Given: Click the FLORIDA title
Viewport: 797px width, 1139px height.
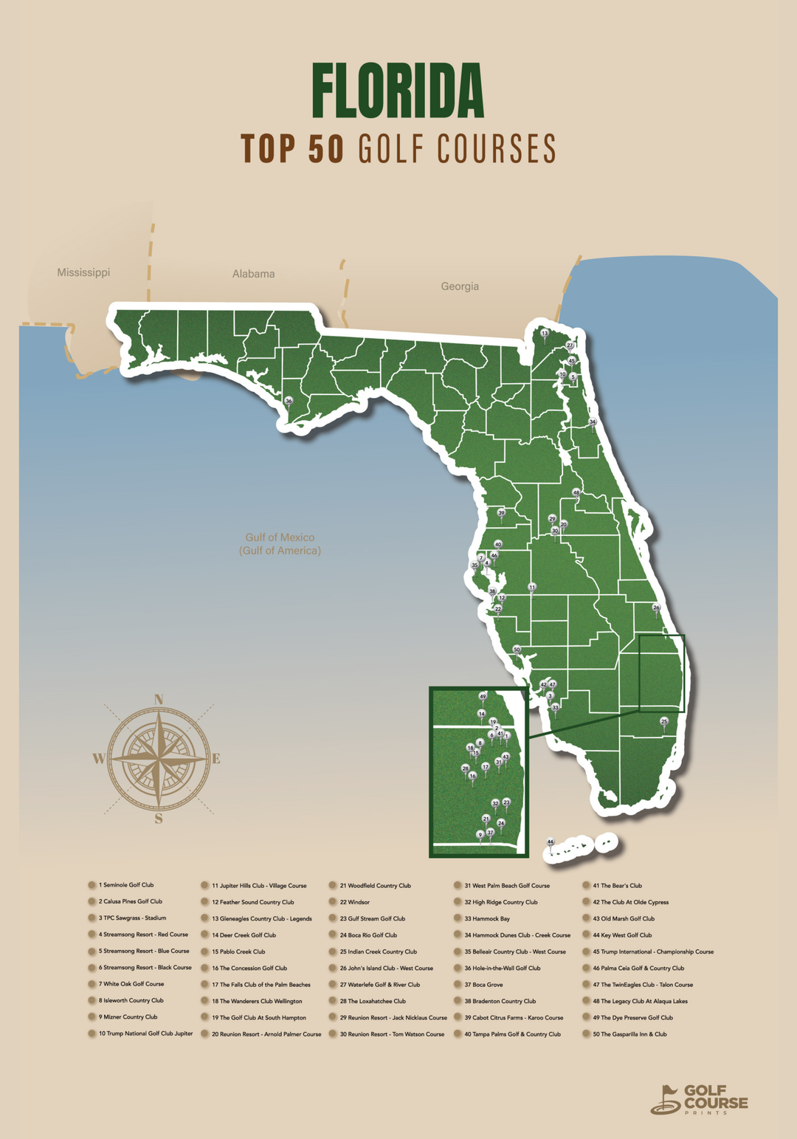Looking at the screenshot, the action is pyautogui.click(x=398, y=92).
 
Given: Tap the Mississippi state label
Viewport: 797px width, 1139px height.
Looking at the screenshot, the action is pyautogui.click(x=83, y=272).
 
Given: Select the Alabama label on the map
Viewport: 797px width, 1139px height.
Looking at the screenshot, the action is pyautogui.click(x=253, y=274).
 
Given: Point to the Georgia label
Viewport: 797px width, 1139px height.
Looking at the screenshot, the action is pyautogui.click(x=460, y=286).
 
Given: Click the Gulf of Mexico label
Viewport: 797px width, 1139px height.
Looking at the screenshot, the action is pyautogui.click(x=280, y=544).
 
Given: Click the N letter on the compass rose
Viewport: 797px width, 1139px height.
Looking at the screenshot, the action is pyautogui.click(x=159, y=699).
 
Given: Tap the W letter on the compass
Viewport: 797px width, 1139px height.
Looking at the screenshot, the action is pyautogui.click(x=98, y=758).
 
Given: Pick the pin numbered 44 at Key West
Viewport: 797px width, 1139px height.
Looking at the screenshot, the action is pyautogui.click(x=550, y=842).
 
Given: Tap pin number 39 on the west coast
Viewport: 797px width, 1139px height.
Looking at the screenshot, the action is pyautogui.click(x=501, y=513).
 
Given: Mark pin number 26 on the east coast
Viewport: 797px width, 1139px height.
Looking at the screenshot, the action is pyautogui.click(x=656, y=608).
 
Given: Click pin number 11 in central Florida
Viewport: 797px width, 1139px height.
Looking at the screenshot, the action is pyautogui.click(x=531, y=588).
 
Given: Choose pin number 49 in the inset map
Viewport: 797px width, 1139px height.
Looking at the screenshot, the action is pyautogui.click(x=483, y=696).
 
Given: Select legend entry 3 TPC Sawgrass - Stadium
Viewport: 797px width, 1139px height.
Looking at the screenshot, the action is pyautogui.click(x=134, y=918).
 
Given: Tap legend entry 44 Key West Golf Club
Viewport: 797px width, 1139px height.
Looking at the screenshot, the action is pyautogui.click(x=621, y=935).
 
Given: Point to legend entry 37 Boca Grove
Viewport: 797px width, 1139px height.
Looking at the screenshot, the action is pyautogui.click(x=483, y=985).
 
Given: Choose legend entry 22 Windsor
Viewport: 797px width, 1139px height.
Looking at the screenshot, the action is pyautogui.click(x=354, y=902).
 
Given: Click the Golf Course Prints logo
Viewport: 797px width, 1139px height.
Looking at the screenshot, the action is pyautogui.click(x=699, y=1099).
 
